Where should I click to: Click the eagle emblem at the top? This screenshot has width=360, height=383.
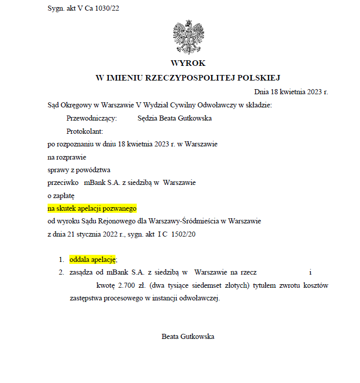click(188, 37)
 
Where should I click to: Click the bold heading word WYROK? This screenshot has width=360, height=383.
click(188, 63)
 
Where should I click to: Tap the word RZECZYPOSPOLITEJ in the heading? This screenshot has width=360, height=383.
click(188, 78)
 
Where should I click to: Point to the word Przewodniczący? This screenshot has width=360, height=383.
click(92, 118)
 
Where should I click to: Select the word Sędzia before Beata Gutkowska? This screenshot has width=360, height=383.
click(148, 118)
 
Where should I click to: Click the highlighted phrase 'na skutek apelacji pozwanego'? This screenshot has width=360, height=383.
click(92, 208)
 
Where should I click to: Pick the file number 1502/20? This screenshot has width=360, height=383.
click(183, 235)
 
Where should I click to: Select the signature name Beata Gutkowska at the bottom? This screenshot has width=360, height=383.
click(188, 336)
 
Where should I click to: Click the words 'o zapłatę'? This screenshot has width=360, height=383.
click(61, 195)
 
